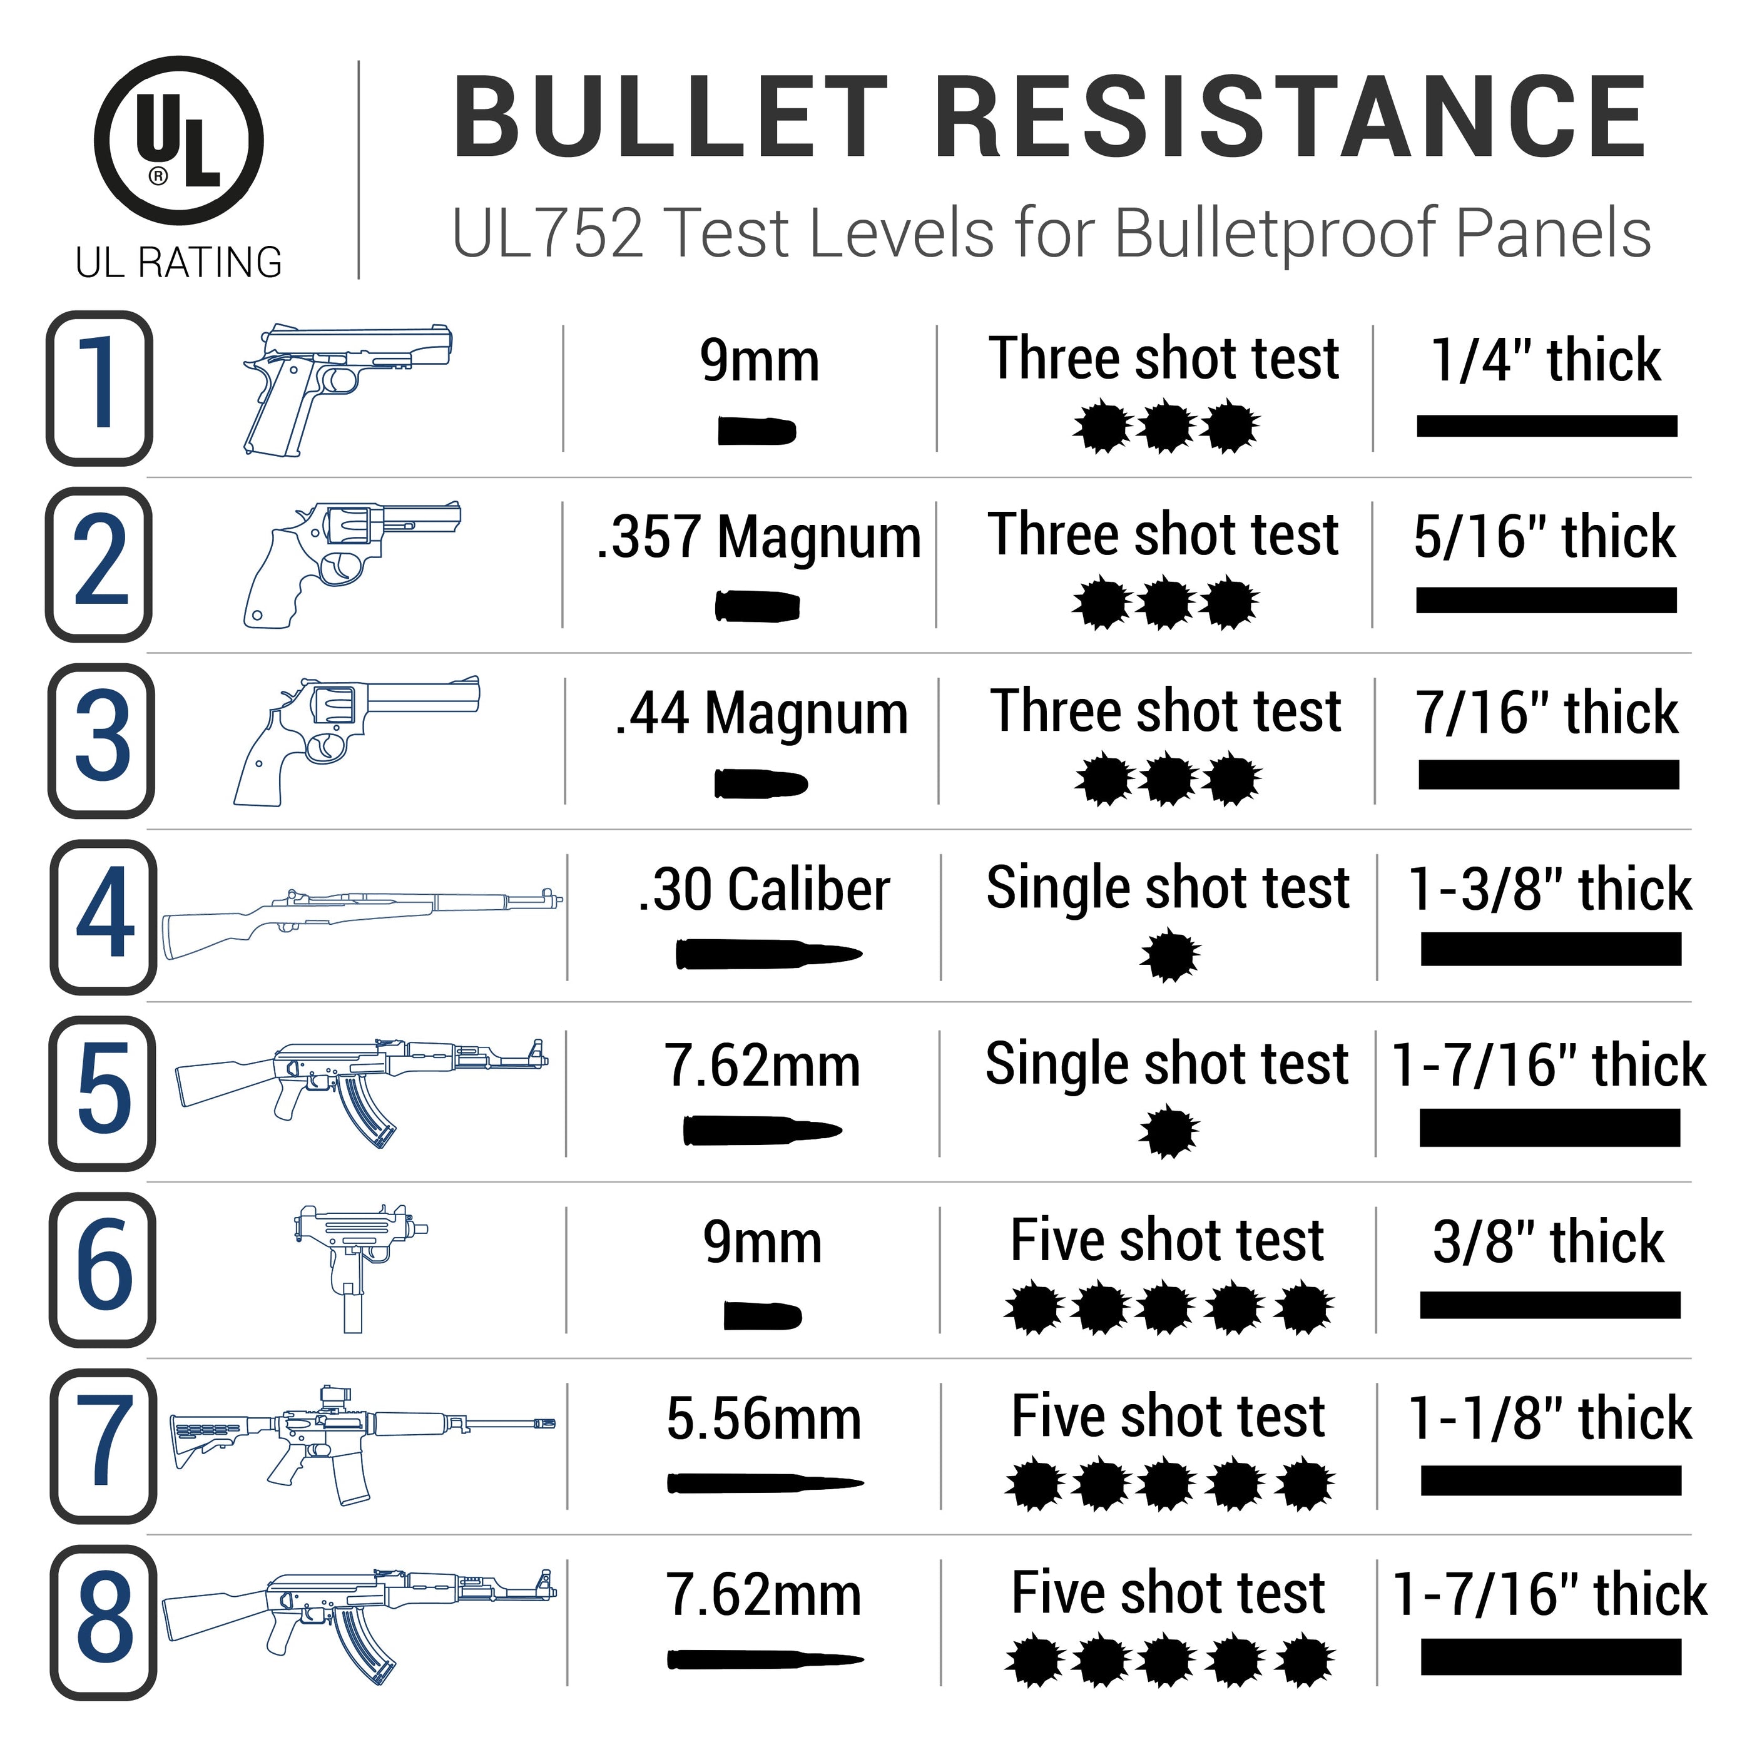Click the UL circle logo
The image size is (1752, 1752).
click(179, 141)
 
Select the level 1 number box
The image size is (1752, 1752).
click(99, 388)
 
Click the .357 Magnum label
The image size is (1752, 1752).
click(758, 536)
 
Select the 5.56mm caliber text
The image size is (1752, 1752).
click(763, 1418)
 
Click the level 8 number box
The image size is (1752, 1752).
click(103, 1623)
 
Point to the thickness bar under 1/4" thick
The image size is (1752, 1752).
click(1546, 425)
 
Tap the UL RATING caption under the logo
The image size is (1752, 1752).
click(179, 262)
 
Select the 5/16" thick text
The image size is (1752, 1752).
click(1544, 536)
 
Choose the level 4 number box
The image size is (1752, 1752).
click(103, 916)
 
